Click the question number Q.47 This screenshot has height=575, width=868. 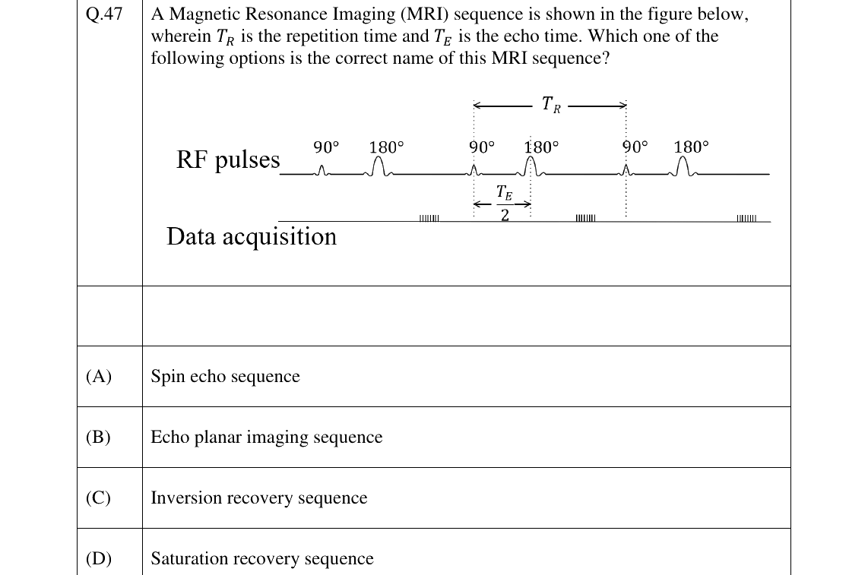pos(104,14)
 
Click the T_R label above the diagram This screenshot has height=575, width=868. pos(551,104)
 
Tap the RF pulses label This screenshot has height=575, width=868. pos(228,160)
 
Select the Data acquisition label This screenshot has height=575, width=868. pos(252,236)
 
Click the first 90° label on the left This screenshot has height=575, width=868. pos(326,147)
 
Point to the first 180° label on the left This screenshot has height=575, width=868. pos(386,147)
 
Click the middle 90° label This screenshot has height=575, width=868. pos(482,147)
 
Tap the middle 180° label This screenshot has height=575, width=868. pos(541,147)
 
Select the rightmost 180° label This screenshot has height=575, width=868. pos(691,147)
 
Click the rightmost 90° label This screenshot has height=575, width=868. pos(635,147)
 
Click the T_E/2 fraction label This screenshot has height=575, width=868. pos(504,204)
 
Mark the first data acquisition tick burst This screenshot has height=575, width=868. pos(429,218)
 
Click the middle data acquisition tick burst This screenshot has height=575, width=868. pos(586,218)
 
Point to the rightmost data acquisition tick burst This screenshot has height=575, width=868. pos(746,218)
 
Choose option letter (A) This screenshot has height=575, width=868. pos(99,376)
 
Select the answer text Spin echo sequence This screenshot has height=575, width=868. pos(225,376)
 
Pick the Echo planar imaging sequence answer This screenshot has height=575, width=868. pos(266,438)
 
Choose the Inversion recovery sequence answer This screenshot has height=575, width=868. pos(259,498)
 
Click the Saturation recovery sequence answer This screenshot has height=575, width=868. pos(261,558)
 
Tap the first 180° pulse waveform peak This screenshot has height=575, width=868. pos(379,158)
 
